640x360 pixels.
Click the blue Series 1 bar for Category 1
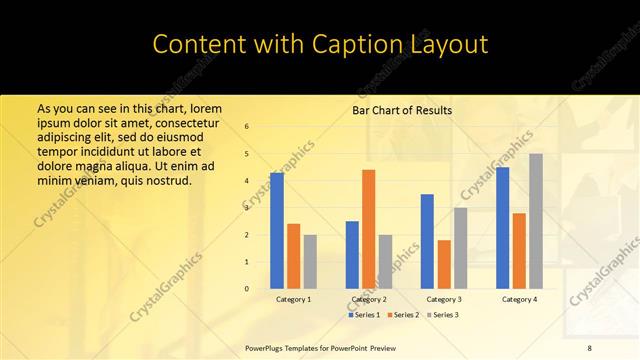[x=277, y=231]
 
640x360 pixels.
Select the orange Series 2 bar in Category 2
[x=369, y=229]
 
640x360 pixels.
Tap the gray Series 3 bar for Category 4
[x=536, y=221]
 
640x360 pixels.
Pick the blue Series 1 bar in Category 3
[x=427, y=241]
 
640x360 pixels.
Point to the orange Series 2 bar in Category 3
[x=444, y=264]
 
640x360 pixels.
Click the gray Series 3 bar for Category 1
[x=310, y=261]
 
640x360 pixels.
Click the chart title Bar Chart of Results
[x=402, y=111]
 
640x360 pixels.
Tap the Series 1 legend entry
[x=365, y=314]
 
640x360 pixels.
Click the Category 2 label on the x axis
[x=369, y=299]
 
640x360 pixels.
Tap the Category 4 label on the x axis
[x=519, y=299]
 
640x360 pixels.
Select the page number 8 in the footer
[x=590, y=347]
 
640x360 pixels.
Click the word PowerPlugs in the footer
[x=267, y=347]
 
